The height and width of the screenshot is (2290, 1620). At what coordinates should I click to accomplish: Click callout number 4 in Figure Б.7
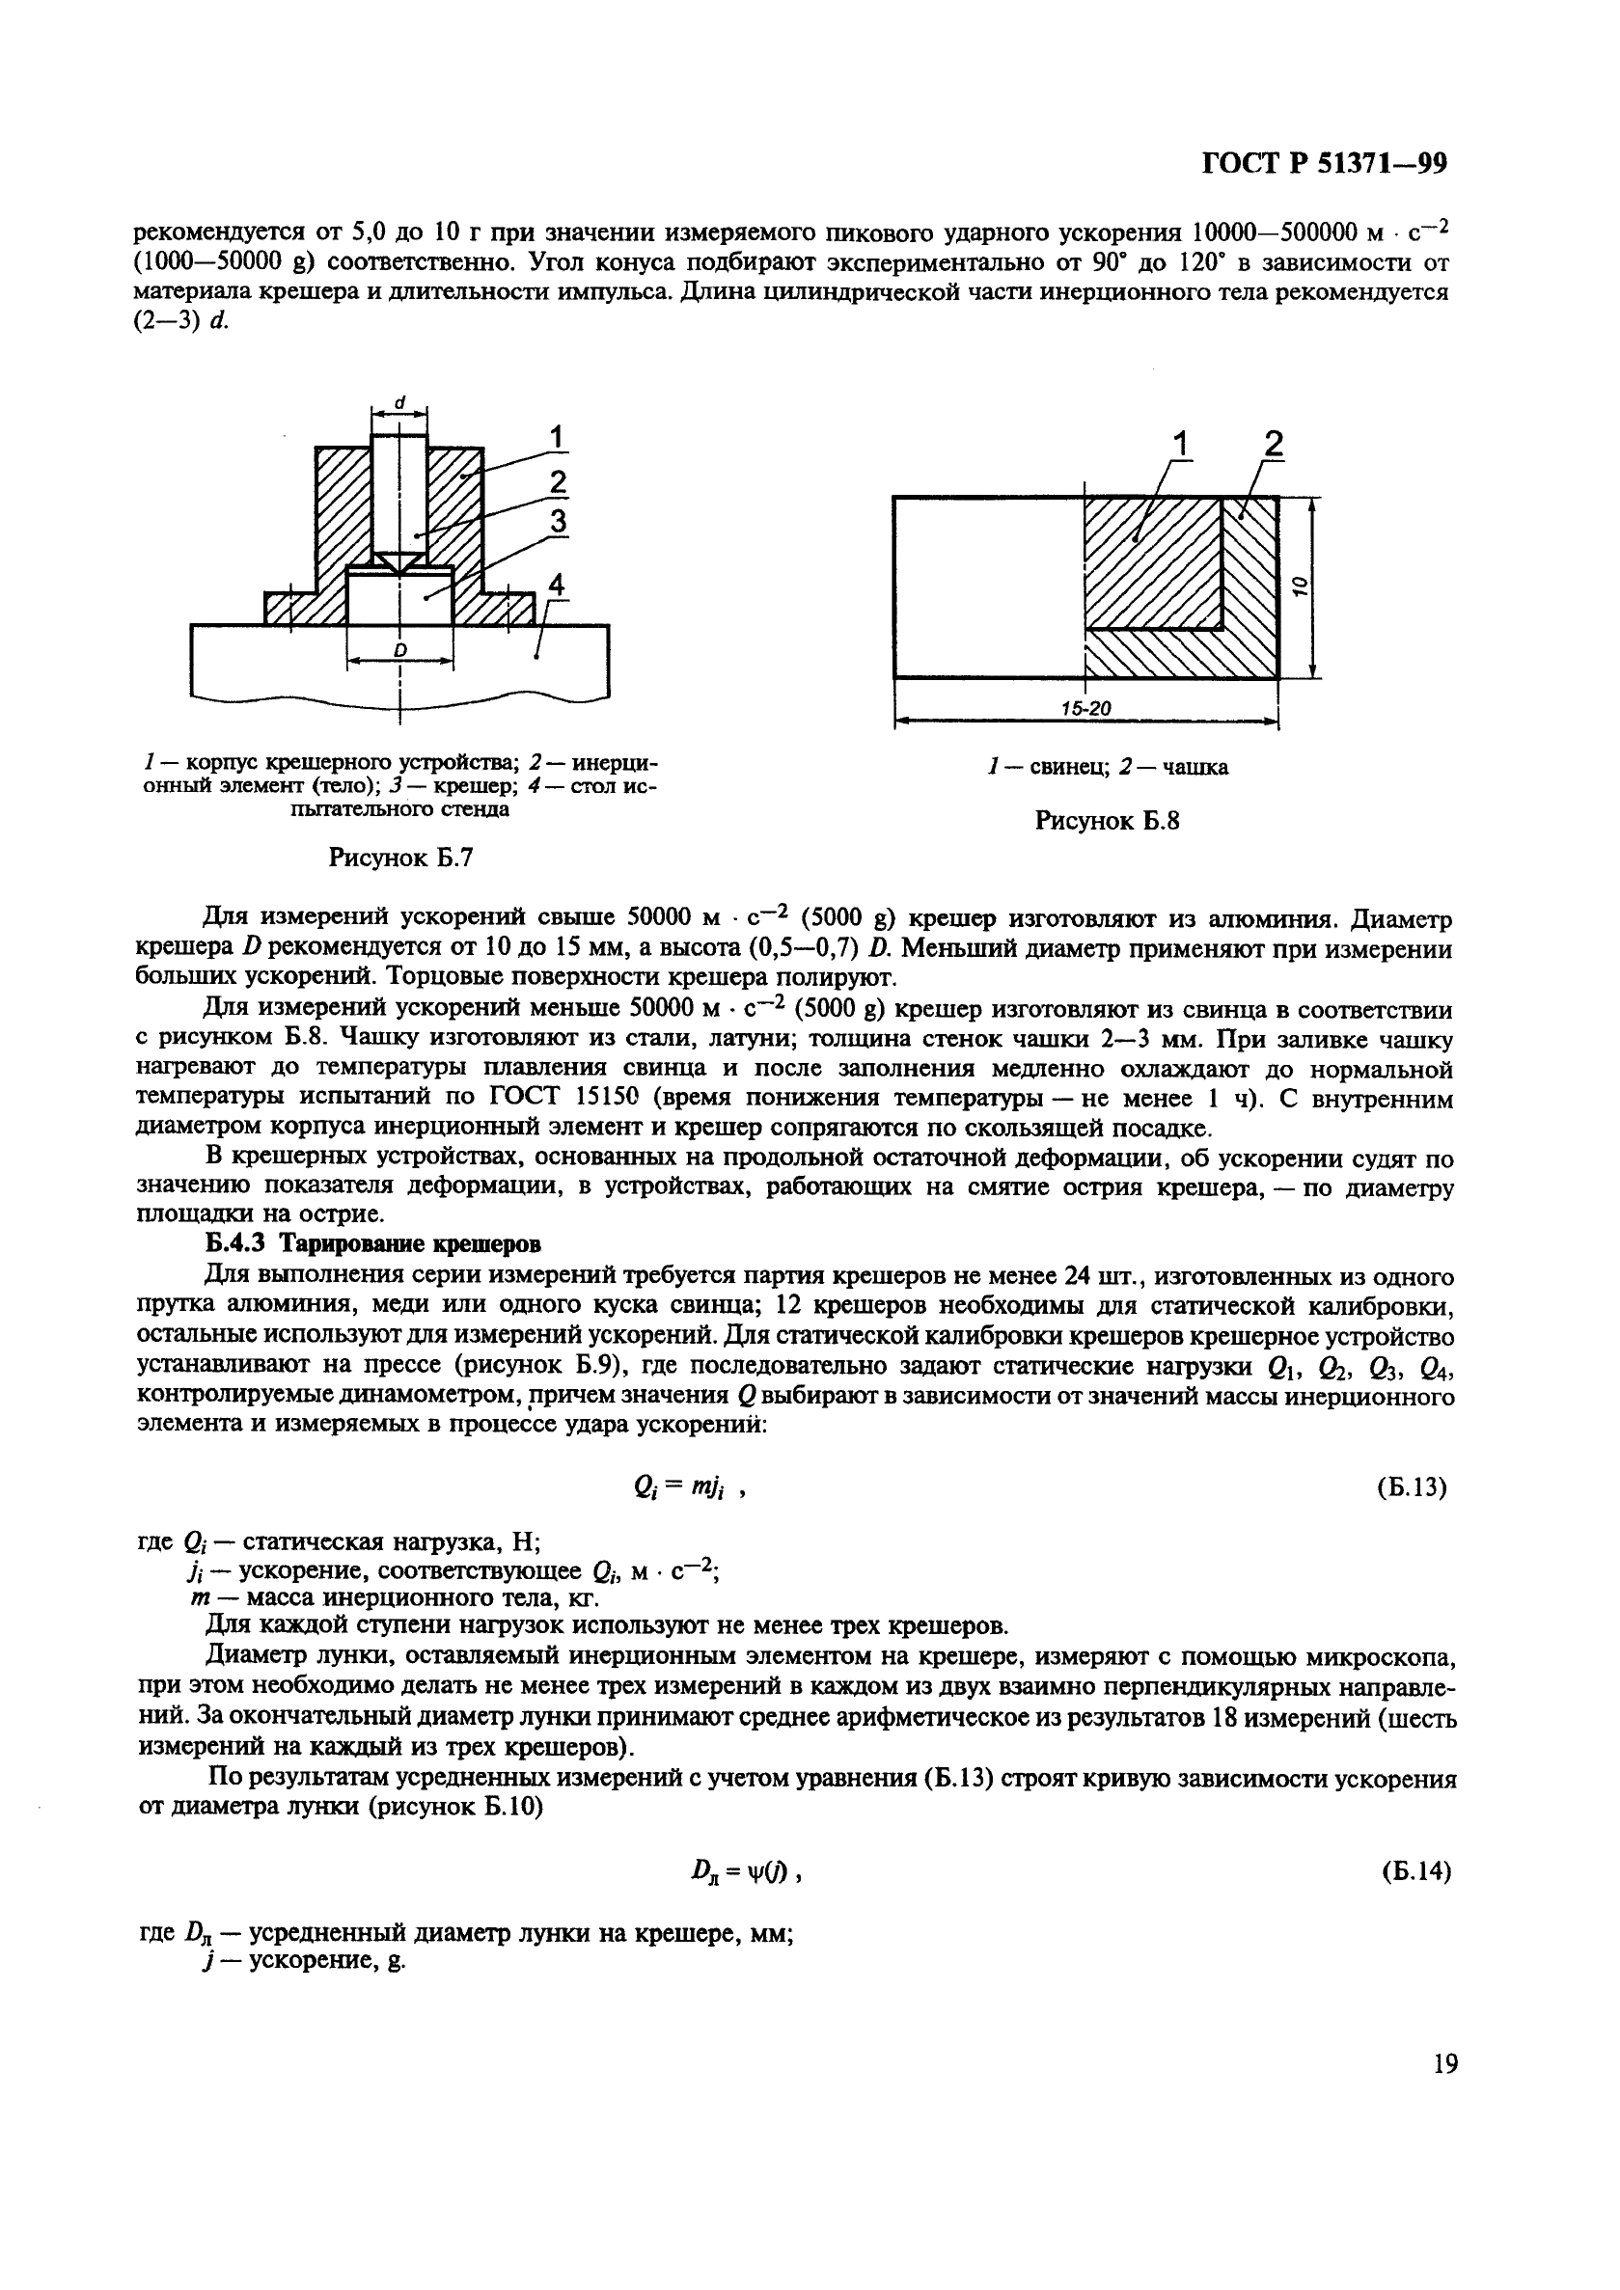(x=557, y=586)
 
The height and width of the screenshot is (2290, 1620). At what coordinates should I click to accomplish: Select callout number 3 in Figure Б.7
(x=558, y=521)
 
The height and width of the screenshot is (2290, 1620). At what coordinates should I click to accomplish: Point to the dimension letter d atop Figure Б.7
(x=400, y=402)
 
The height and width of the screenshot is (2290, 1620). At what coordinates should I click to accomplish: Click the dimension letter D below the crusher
(x=400, y=650)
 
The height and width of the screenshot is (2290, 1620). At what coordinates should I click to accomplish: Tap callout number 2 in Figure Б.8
(x=1273, y=445)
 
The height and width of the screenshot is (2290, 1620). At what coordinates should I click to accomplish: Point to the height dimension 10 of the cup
(x=1300, y=586)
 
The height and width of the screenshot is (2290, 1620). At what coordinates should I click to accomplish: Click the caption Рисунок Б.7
(x=400, y=858)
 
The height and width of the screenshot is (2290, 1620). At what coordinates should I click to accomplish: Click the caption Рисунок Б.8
(x=1108, y=821)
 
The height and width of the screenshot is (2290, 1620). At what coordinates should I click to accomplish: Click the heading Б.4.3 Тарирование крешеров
(x=374, y=1244)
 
